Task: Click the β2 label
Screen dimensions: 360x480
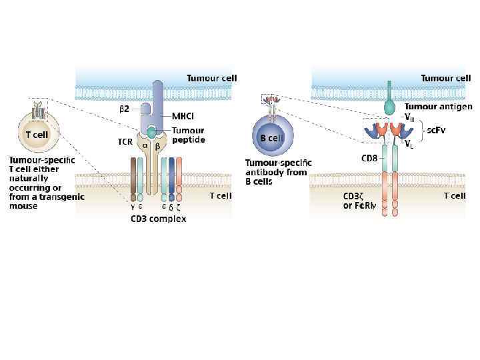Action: click(125, 108)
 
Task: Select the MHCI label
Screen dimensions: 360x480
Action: click(183, 116)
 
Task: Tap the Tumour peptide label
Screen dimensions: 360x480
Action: click(188, 135)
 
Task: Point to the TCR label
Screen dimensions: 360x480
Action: click(126, 141)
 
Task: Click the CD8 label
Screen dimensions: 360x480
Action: click(371, 158)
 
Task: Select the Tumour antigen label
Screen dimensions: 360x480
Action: click(438, 106)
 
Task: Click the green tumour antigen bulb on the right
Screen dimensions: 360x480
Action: click(389, 106)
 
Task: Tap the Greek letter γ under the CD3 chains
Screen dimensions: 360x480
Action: click(133, 206)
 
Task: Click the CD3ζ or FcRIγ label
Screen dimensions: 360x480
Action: click(360, 201)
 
